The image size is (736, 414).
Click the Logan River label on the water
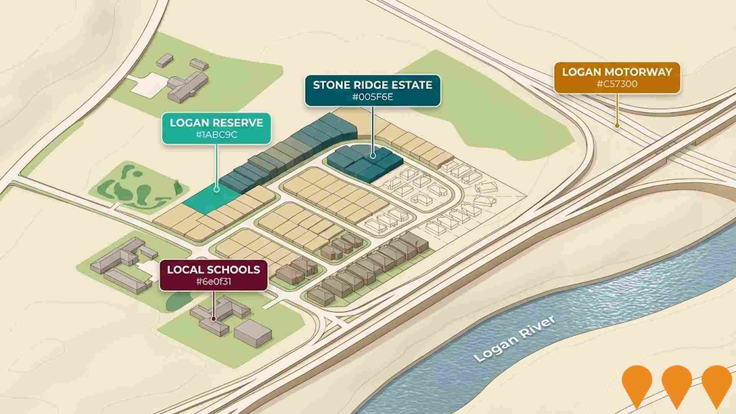pos(515,339)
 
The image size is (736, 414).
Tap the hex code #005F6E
pos(373,97)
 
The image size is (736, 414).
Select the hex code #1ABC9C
pos(216,135)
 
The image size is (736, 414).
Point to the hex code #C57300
pos(617,84)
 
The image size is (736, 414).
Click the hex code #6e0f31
pos(213,282)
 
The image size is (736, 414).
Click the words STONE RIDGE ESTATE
pos(373,85)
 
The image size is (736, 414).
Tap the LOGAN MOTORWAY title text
pos(617,72)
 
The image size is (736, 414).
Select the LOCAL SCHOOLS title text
pos(213,269)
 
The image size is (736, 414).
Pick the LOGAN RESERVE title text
pos(216,123)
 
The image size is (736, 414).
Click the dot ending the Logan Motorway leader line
pos(617,125)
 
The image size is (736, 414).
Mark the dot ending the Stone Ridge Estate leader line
pos(373,156)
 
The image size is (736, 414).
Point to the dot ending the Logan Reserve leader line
pos(217,189)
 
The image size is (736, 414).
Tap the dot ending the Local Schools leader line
pos(214,318)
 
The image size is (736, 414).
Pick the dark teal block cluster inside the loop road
pos(364,163)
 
